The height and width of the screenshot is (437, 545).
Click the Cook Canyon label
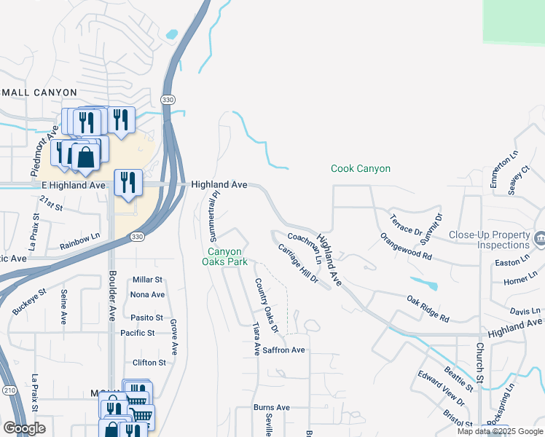click(361, 168)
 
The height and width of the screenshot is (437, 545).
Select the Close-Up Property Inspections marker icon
click(540, 238)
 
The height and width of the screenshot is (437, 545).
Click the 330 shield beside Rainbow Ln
click(137, 237)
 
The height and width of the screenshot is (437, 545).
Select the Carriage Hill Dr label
click(298, 264)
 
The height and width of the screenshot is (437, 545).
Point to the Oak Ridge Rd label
click(428, 309)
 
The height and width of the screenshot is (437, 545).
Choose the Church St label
click(480, 362)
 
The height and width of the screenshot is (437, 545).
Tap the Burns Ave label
click(272, 407)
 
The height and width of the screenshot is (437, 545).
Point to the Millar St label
click(147, 280)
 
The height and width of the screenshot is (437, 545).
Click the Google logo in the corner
click(24, 428)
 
